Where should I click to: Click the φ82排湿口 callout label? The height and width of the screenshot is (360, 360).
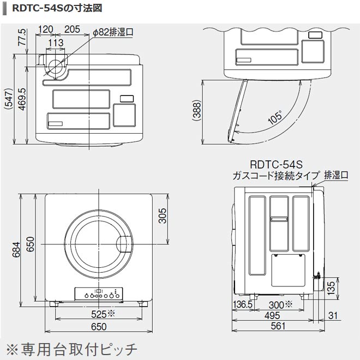(x=112, y=33)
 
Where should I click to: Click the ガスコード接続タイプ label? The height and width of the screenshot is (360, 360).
(x=275, y=176)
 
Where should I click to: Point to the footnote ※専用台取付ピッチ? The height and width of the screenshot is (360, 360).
(x=71, y=347)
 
